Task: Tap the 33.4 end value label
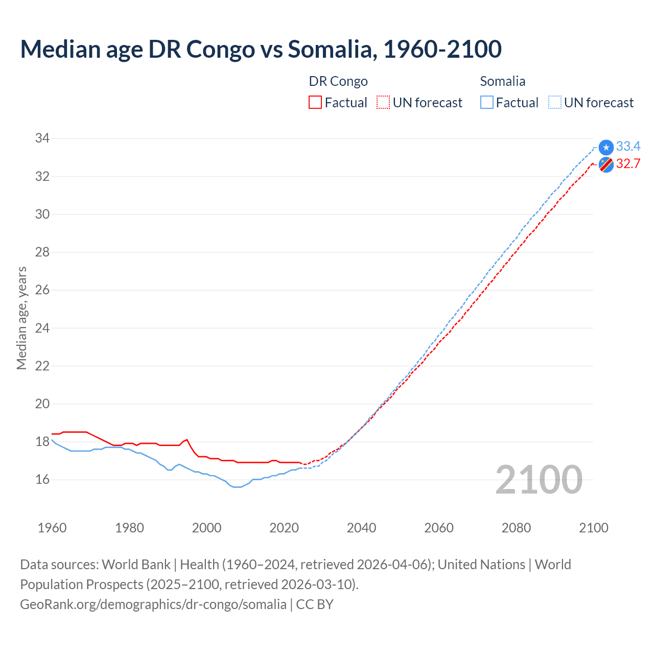click(x=628, y=147)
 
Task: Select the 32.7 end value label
click(x=628, y=164)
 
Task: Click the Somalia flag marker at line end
click(x=606, y=148)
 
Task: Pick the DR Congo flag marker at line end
click(x=606, y=165)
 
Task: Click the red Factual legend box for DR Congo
click(x=315, y=103)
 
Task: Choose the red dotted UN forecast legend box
click(x=383, y=103)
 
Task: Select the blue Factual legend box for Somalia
click(x=487, y=103)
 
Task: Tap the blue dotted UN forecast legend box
click(x=554, y=103)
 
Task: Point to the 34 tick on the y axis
click(x=42, y=138)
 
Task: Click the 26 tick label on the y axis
click(x=42, y=290)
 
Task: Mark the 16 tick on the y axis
click(x=42, y=479)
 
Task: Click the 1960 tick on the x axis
click(x=52, y=528)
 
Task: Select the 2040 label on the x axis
click(x=361, y=528)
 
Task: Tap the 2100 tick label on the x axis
click(x=593, y=528)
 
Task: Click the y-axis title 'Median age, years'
click(x=21, y=318)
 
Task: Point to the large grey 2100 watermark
click(x=539, y=479)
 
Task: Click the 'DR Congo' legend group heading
click(x=338, y=81)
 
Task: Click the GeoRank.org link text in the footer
click(x=153, y=604)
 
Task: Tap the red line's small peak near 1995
click(x=187, y=439)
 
